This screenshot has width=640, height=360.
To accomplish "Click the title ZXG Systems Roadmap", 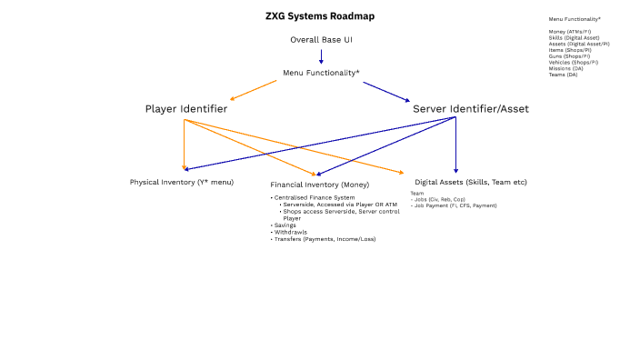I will (319, 16).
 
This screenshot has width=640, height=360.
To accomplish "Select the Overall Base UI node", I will (321, 40).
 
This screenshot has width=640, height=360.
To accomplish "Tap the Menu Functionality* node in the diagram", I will (321, 73).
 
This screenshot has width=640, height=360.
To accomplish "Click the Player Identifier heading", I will (185, 109).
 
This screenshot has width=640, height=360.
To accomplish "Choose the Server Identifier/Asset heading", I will (470, 109).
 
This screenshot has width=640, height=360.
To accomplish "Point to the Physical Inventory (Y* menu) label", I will (182, 182).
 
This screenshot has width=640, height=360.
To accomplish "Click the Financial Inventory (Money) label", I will (319, 185).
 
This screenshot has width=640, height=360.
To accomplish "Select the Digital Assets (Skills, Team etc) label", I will (471, 182).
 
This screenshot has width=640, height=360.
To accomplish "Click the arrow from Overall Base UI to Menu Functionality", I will (321, 55).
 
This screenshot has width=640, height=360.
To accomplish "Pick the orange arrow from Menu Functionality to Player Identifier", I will (254, 90).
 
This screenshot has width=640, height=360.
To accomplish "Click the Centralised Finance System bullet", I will (314, 197).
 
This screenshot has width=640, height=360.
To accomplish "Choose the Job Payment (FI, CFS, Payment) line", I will (455, 205).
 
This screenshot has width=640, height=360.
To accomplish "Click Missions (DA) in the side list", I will (566, 68).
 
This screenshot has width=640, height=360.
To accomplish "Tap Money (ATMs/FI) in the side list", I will (569, 31).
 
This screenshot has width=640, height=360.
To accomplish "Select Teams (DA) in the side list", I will (564, 75).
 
